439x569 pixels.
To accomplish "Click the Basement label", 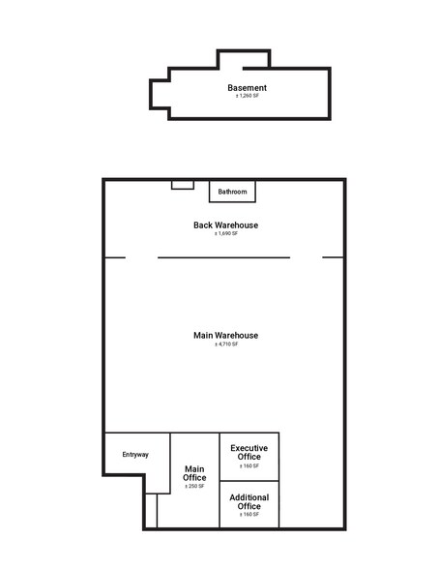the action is click(x=247, y=88).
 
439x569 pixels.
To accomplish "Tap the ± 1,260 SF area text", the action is click(x=248, y=96).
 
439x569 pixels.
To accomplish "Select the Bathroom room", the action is click(x=232, y=192).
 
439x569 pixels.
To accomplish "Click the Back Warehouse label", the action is click(x=226, y=225).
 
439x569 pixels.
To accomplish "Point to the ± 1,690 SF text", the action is click(x=226, y=234).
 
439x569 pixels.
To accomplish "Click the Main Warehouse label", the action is click(x=226, y=335).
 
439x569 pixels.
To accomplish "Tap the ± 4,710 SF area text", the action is click(x=226, y=344).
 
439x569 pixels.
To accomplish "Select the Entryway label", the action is click(x=135, y=455).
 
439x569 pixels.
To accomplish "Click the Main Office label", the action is click(x=194, y=473).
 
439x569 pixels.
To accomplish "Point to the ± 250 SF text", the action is click(x=194, y=486).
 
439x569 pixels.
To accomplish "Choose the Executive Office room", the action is click(x=249, y=457).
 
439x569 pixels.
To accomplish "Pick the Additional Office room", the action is click(x=249, y=504).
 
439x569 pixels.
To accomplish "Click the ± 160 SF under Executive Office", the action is click(x=249, y=466).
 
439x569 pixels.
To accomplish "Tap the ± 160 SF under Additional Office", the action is click(x=249, y=515).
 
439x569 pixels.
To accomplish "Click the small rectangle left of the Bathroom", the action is click(x=183, y=185).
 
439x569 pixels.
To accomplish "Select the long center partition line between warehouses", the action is click(x=223, y=257).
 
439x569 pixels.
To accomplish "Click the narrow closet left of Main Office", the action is click(x=151, y=511).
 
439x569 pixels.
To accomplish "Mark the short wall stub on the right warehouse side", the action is click(x=333, y=257).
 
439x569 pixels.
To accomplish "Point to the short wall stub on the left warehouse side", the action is click(x=115, y=257).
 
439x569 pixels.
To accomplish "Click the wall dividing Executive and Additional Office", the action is click(x=249, y=481).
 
